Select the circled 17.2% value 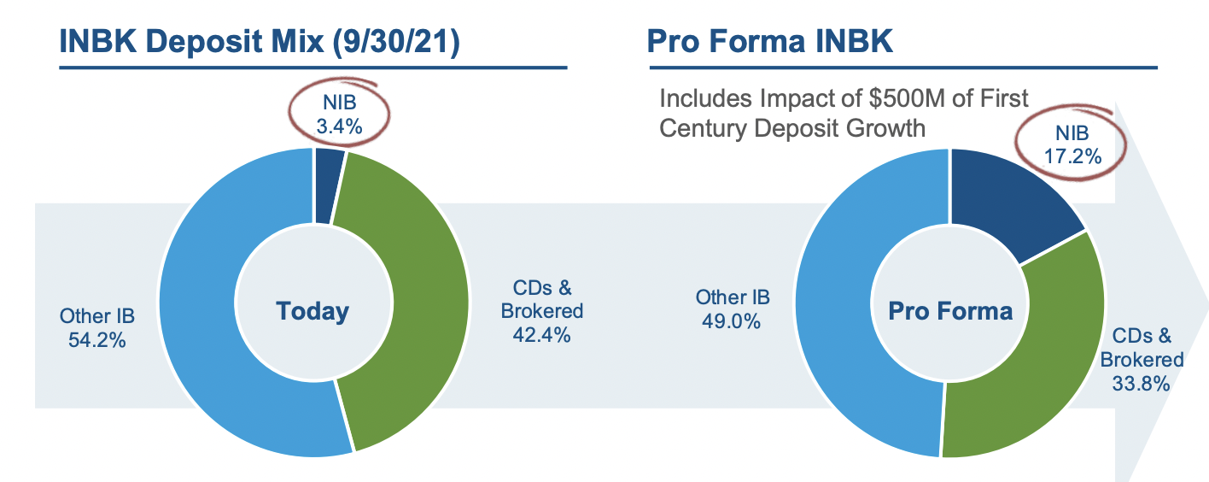coord(1072,156)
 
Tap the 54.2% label coord(96,340)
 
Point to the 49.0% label coord(732,321)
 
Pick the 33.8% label coord(1140,384)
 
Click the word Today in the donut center coord(312,311)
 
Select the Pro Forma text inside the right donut coord(949,310)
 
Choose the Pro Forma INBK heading coord(769,41)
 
